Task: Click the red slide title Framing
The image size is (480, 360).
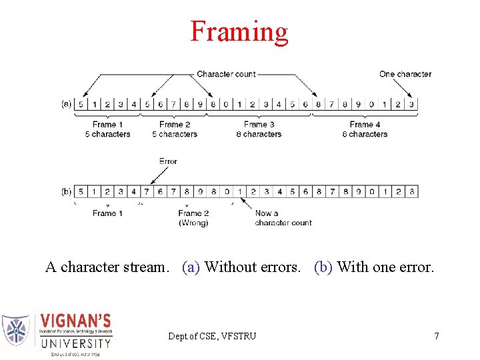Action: tap(239, 31)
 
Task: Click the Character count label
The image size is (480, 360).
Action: tap(226, 74)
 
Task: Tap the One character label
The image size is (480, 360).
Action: tap(405, 74)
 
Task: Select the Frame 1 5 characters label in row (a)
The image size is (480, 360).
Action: tap(107, 129)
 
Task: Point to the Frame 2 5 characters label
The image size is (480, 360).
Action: tap(175, 129)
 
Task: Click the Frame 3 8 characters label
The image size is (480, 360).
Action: tap(259, 129)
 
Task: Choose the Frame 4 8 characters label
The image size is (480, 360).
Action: tap(365, 129)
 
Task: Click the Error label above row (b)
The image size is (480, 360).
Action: tap(168, 161)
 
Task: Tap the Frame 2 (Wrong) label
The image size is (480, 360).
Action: tap(193, 218)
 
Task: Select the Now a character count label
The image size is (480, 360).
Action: tap(283, 218)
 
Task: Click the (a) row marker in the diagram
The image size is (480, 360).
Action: tap(66, 104)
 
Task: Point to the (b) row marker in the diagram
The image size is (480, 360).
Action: tap(66, 191)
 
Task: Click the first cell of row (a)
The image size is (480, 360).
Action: tap(81, 104)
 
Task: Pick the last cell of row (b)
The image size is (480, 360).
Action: tap(412, 191)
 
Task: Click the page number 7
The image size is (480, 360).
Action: tap(437, 336)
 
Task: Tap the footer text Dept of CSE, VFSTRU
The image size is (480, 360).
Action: tap(212, 336)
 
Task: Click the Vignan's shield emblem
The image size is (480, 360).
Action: tap(16, 329)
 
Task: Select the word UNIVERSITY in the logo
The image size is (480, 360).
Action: tap(76, 344)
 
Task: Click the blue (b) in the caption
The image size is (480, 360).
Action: tap(323, 267)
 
